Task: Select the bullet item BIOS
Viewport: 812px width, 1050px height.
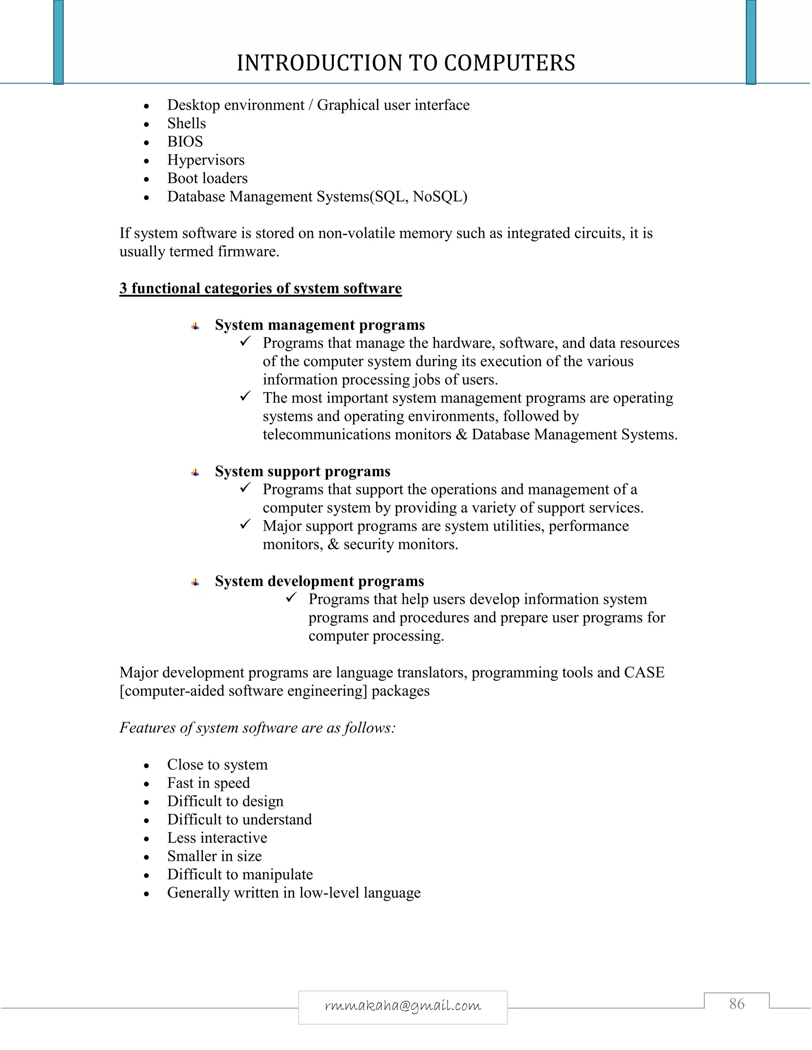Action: (x=185, y=141)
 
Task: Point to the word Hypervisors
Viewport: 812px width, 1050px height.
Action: (x=206, y=160)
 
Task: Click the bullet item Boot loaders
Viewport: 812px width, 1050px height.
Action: (x=207, y=178)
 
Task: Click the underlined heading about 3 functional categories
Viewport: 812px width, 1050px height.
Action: (x=260, y=288)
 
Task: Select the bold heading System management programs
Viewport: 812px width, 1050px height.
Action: (x=320, y=325)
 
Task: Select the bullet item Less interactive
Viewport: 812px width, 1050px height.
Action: (x=217, y=838)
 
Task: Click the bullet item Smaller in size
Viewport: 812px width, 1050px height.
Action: (x=214, y=856)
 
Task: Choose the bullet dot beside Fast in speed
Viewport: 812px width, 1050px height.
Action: (x=147, y=784)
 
